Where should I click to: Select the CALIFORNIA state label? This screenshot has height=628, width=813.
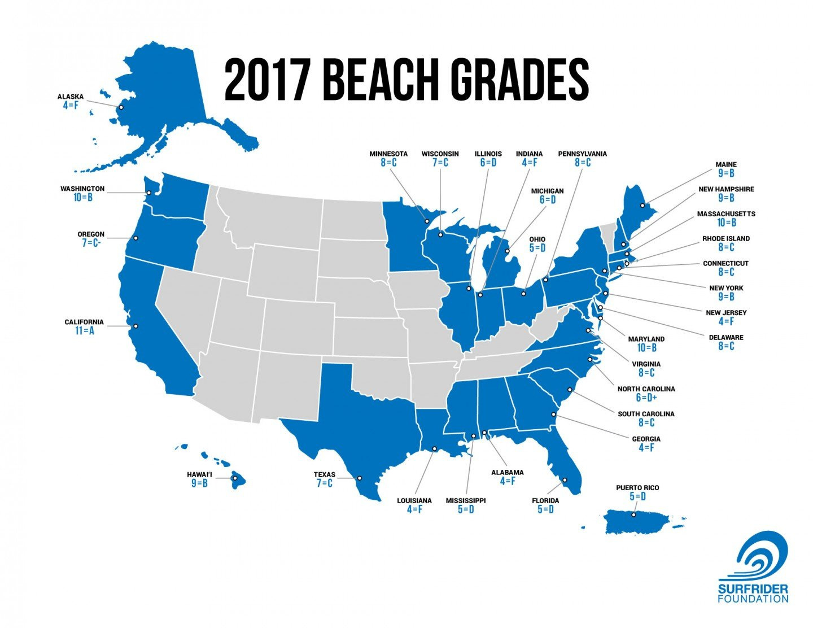84,322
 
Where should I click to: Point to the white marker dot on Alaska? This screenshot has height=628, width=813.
121,107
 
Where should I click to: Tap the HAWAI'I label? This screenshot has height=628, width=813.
199,474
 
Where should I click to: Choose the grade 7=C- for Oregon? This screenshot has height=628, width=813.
91,243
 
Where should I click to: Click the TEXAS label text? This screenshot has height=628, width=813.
325,474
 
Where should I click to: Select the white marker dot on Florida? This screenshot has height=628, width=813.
565,480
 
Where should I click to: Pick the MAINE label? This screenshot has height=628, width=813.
725,164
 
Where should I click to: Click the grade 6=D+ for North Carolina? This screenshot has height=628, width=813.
646,398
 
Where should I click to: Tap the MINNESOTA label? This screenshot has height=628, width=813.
388,154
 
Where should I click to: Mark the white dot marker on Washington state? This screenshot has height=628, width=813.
148,193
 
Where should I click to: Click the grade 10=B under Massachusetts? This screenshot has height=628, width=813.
726,223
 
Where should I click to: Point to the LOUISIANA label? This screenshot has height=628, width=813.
414,500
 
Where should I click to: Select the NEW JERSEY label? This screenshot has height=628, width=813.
726,312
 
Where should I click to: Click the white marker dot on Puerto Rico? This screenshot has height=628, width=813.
634,514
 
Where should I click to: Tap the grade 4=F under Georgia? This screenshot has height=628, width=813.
646,448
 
